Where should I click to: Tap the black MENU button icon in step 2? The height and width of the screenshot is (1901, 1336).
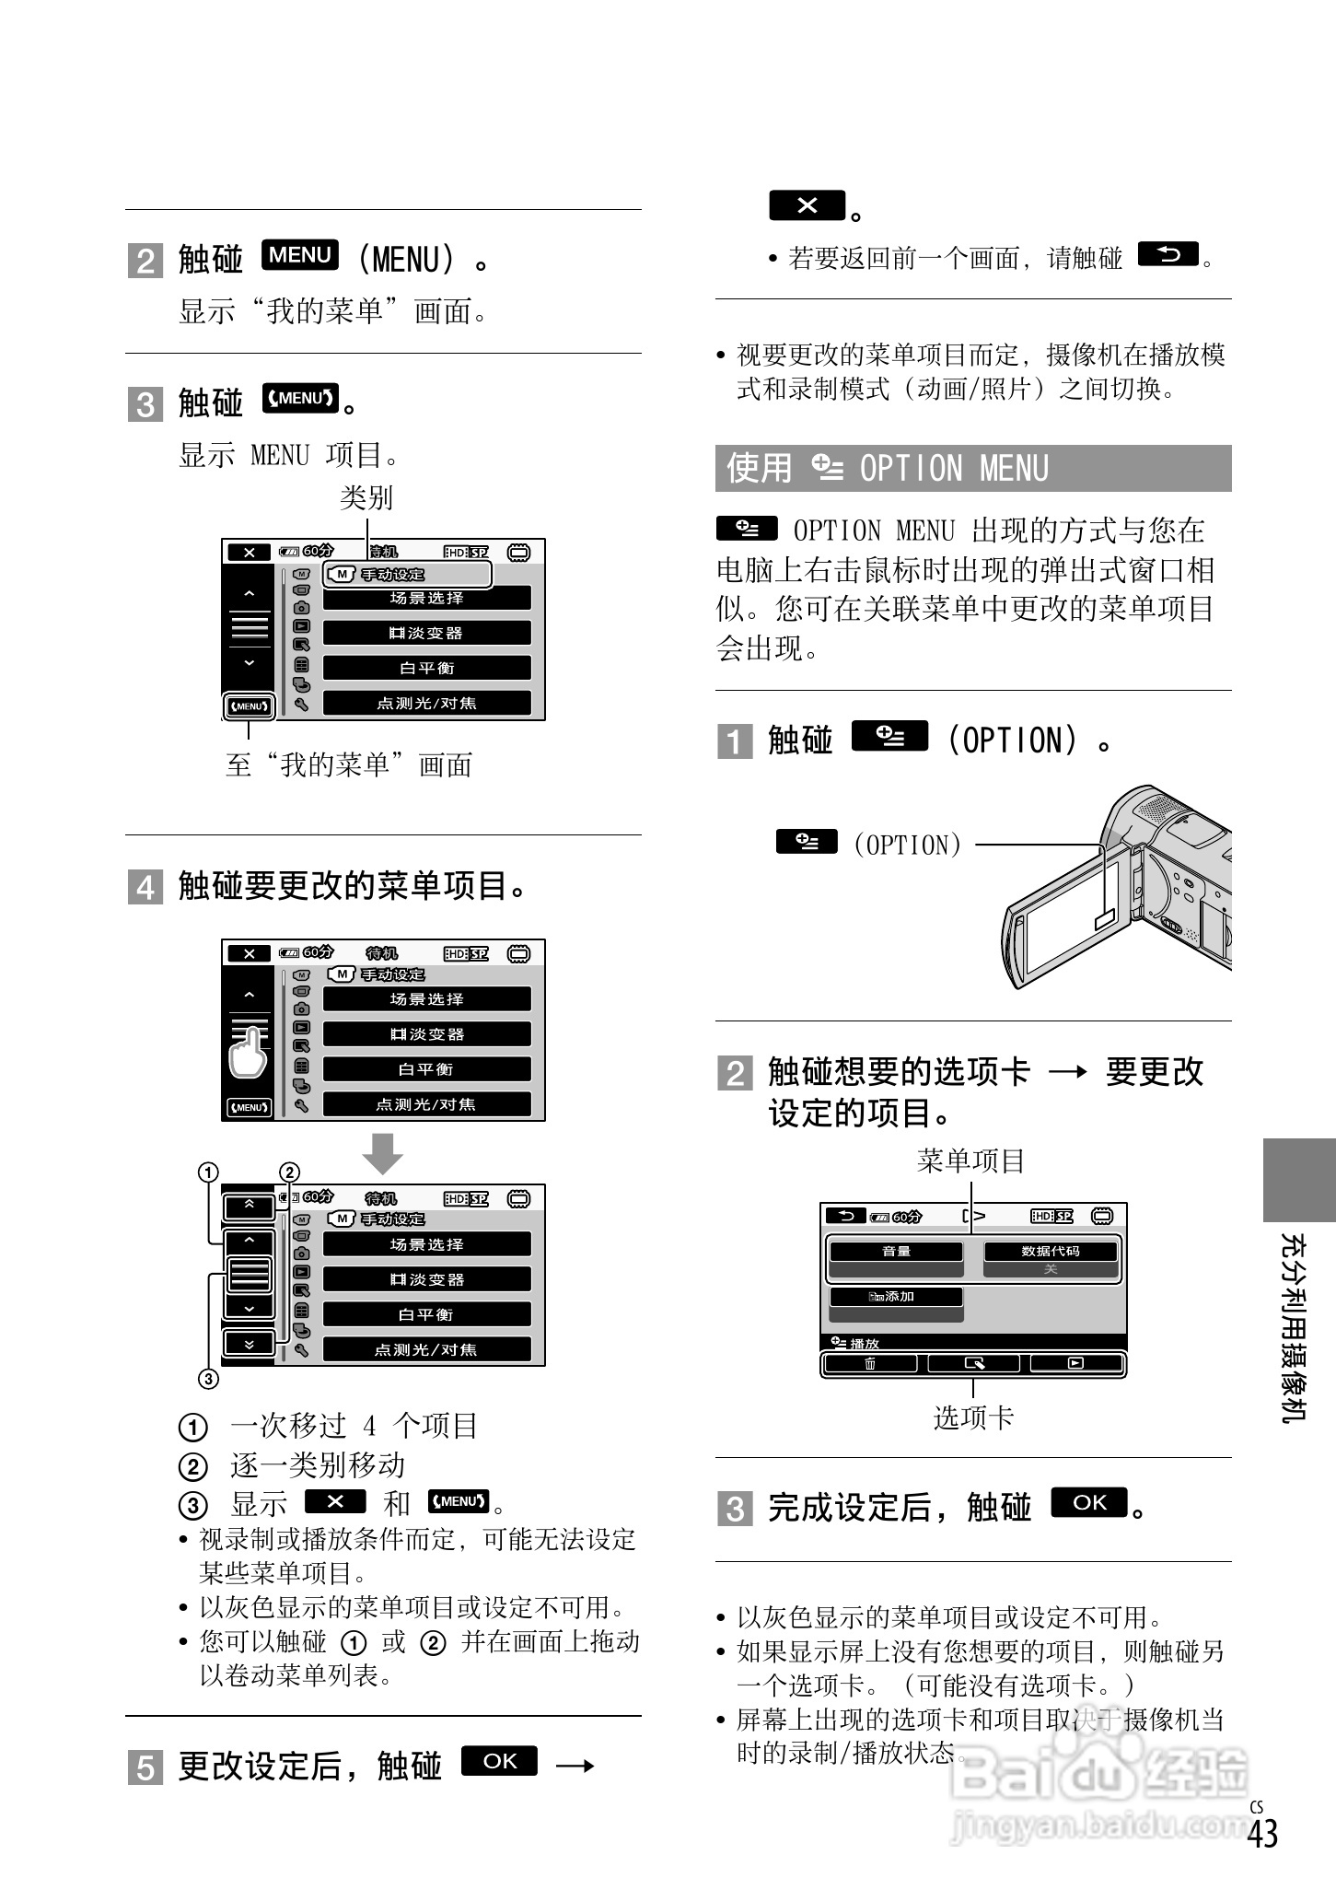(x=300, y=255)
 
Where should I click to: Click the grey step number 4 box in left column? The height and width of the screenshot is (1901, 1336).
(x=145, y=887)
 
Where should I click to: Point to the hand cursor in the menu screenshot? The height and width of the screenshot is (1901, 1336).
(x=247, y=1053)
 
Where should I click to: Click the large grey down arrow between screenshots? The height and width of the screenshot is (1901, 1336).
(x=382, y=1153)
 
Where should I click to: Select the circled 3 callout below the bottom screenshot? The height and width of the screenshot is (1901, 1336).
(x=209, y=1379)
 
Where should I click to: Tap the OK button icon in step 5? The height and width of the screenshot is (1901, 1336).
(x=498, y=1761)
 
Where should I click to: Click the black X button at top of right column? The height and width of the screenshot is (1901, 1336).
(x=807, y=205)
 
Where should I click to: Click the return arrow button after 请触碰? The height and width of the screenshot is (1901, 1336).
(x=1168, y=254)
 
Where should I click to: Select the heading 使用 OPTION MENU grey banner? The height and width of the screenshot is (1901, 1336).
(x=972, y=468)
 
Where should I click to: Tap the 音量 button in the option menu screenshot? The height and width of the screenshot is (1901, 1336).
(x=896, y=1252)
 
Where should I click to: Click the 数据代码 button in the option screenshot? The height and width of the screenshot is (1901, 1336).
(x=1051, y=1252)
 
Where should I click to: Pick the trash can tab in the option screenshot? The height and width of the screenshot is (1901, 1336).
(x=870, y=1364)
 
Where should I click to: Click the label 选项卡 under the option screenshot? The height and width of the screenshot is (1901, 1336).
(x=973, y=1417)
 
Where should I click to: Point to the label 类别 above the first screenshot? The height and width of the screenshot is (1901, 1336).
(x=366, y=498)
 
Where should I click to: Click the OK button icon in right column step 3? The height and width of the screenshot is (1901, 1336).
(x=1089, y=1503)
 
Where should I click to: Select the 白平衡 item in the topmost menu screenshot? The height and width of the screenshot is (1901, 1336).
(x=427, y=668)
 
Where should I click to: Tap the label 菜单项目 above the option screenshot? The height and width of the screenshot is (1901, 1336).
(x=971, y=1161)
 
